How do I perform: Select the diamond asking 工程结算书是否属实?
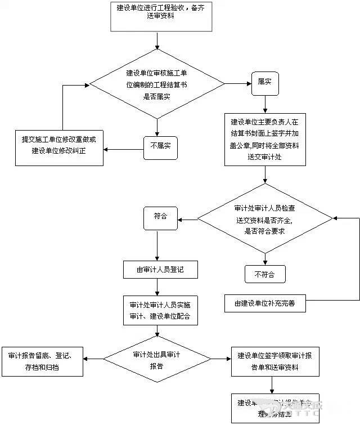(x=157, y=84)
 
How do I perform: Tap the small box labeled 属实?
(x=265, y=82)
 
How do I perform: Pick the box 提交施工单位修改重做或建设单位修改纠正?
(x=59, y=146)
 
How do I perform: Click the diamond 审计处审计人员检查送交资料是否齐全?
(x=264, y=218)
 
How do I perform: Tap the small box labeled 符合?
(x=161, y=216)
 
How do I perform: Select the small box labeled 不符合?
(x=264, y=274)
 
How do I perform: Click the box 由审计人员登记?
(x=161, y=270)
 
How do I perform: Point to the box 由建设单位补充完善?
(x=265, y=303)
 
